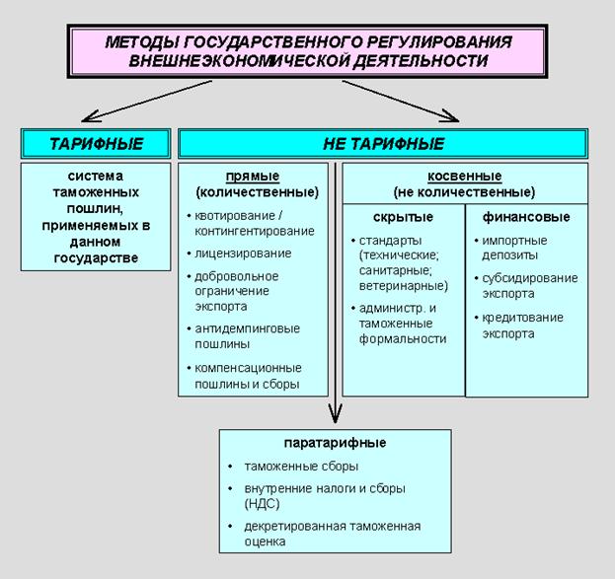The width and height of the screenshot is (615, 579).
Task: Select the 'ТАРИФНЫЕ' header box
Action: click(x=96, y=143)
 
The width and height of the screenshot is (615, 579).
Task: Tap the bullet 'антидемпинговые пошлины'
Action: click(x=247, y=335)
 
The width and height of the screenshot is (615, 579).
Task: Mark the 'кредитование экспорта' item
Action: click(x=523, y=325)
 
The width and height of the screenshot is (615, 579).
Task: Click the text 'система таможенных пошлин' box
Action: click(x=96, y=216)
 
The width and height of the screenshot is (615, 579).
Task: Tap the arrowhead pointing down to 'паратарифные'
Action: click(x=336, y=415)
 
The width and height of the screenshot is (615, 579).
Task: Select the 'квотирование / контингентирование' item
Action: click(x=254, y=223)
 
